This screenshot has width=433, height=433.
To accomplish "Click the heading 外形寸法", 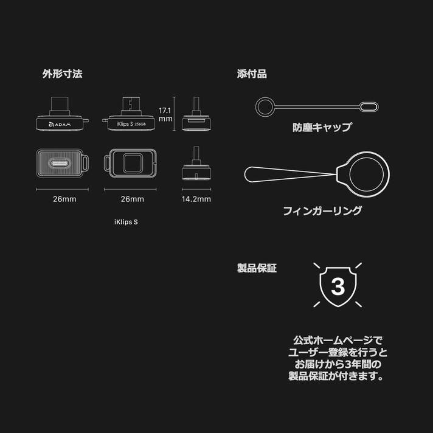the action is point(62,74).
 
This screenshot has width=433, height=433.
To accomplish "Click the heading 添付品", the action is point(252,74).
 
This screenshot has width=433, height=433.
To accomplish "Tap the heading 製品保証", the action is point(257,268).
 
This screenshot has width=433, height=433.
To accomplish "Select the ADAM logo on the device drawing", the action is point(60,125).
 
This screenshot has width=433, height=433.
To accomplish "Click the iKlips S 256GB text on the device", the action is point(131,124).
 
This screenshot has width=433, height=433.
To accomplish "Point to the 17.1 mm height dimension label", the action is point(165,114).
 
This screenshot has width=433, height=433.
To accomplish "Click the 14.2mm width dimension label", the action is point(196,199).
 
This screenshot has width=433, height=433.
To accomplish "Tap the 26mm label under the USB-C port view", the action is point(64,199).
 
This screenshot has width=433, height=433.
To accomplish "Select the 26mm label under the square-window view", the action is point(133,199).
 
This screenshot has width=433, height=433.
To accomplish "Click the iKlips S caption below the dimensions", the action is point(126,222).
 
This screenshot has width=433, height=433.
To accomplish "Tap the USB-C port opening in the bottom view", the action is point(60,163).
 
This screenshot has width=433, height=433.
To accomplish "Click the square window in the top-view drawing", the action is point(133,163).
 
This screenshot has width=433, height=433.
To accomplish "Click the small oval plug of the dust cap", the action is point(369,107).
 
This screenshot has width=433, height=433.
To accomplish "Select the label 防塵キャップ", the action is point(322,127).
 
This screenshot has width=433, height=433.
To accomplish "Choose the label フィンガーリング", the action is point(322,210).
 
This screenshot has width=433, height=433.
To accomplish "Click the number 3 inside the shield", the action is point(338,286).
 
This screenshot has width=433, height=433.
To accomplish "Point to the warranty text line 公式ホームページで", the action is point(338,341).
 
